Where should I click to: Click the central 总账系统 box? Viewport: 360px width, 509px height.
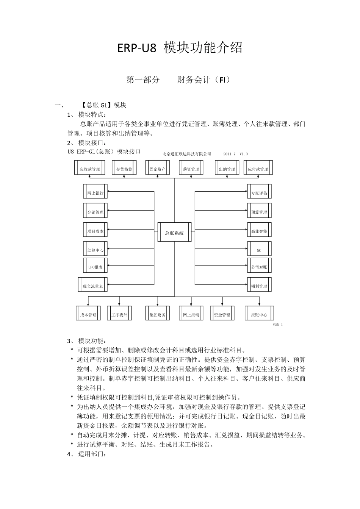click(x=174, y=233)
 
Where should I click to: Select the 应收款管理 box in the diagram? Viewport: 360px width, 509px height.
click(x=89, y=169)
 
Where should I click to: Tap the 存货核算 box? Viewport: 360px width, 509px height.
click(x=124, y=169)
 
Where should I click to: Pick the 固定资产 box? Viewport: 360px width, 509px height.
click(x=158, y=169)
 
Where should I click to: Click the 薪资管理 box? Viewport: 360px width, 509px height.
click(x=191, y=169)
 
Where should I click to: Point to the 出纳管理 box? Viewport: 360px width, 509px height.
click(x=227, y=169)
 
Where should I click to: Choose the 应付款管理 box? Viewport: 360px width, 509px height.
click(x=258, y=169)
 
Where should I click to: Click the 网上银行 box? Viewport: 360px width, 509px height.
click(x=95, y=193)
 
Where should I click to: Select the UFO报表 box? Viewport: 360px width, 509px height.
click(x=95, y=267)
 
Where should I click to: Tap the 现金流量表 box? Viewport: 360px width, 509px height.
click(x=93, y=286)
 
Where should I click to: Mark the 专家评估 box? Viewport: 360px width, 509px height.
click(x=259, y=193)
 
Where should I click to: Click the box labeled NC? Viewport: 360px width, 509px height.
click(x=259, y=250)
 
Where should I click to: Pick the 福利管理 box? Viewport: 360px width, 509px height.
click(x=259, y=286)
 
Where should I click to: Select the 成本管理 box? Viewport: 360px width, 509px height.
click(x=88, y=314)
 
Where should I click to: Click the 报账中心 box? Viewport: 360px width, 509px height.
click(x=259, y=314)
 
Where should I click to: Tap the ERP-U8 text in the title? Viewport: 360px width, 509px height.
click(x=136, y=48)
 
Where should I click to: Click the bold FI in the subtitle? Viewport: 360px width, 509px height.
click(x=222, y=80)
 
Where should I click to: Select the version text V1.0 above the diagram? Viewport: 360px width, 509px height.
click(x=244, y=154)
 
